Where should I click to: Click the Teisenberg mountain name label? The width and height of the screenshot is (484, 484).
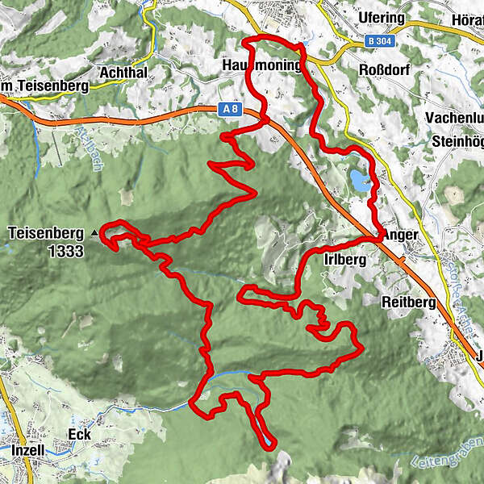46,233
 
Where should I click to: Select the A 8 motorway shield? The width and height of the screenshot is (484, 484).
230,107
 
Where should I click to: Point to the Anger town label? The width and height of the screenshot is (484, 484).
401,235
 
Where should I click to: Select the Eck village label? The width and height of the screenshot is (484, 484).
81,435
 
